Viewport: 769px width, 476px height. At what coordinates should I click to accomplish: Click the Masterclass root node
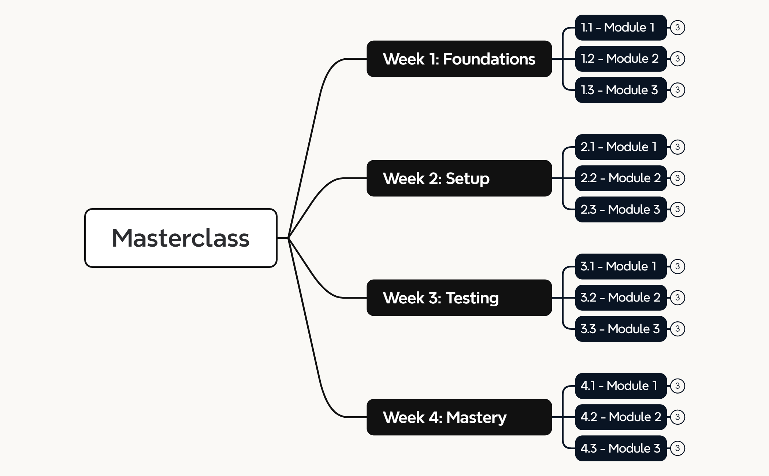coord(181,238)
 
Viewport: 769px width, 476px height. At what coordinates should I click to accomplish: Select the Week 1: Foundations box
coord(459,59)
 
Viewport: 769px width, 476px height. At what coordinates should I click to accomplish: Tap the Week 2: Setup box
coord(459,178)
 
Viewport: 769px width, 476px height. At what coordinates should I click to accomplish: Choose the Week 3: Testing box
coord(459,298)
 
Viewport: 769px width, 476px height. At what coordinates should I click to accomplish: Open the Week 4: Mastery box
coord(459,417)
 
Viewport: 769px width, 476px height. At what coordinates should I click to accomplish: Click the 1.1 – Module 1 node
coord(620,27)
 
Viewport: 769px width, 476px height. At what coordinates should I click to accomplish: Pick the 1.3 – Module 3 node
coord(620,90)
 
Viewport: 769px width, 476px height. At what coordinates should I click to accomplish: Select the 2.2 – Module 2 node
coord(620,178)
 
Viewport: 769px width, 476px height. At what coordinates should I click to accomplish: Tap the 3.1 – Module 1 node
coord(620,266)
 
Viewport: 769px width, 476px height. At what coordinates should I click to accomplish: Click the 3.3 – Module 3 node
coord(620,329)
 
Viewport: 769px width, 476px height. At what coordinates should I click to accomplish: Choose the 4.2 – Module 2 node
coord(620,417)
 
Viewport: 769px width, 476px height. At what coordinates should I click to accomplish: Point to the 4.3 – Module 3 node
coord(620,448)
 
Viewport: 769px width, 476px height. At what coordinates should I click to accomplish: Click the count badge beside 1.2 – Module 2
coord(677,59)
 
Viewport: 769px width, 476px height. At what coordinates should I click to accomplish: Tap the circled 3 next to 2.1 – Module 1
coord(677,147)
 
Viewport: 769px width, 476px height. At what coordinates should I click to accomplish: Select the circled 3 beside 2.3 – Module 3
coord(677,209)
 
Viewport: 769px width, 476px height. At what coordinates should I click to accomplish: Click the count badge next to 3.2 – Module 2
coord(677,298)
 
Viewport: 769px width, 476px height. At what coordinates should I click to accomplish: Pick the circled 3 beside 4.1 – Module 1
coord(677,386)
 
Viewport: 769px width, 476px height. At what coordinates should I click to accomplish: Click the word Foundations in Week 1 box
coord(489,59)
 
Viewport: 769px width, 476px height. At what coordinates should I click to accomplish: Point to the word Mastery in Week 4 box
coord(476,417)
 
